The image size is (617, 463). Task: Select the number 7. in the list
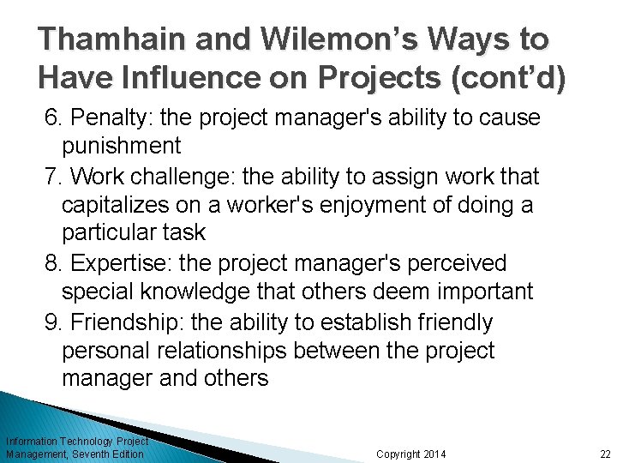tap(54, 177)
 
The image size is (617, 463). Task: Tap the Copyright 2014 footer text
tap(411, 454)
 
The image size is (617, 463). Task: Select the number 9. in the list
tap(54, 322)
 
